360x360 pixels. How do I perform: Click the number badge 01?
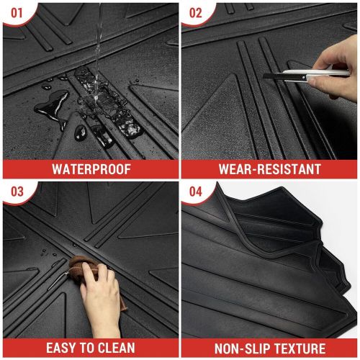(15, 12)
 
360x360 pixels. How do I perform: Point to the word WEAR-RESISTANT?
(270, 169)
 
